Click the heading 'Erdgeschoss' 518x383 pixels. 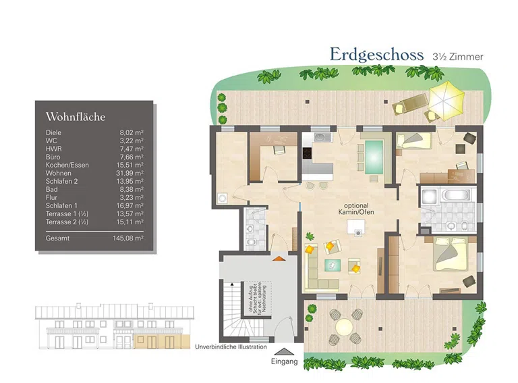[x=376, y=55]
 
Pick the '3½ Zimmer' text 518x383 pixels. [x=458, y=57]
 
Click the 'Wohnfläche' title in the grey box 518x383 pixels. [x=76, y=117]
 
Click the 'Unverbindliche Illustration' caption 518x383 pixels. [x=231, y=348]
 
